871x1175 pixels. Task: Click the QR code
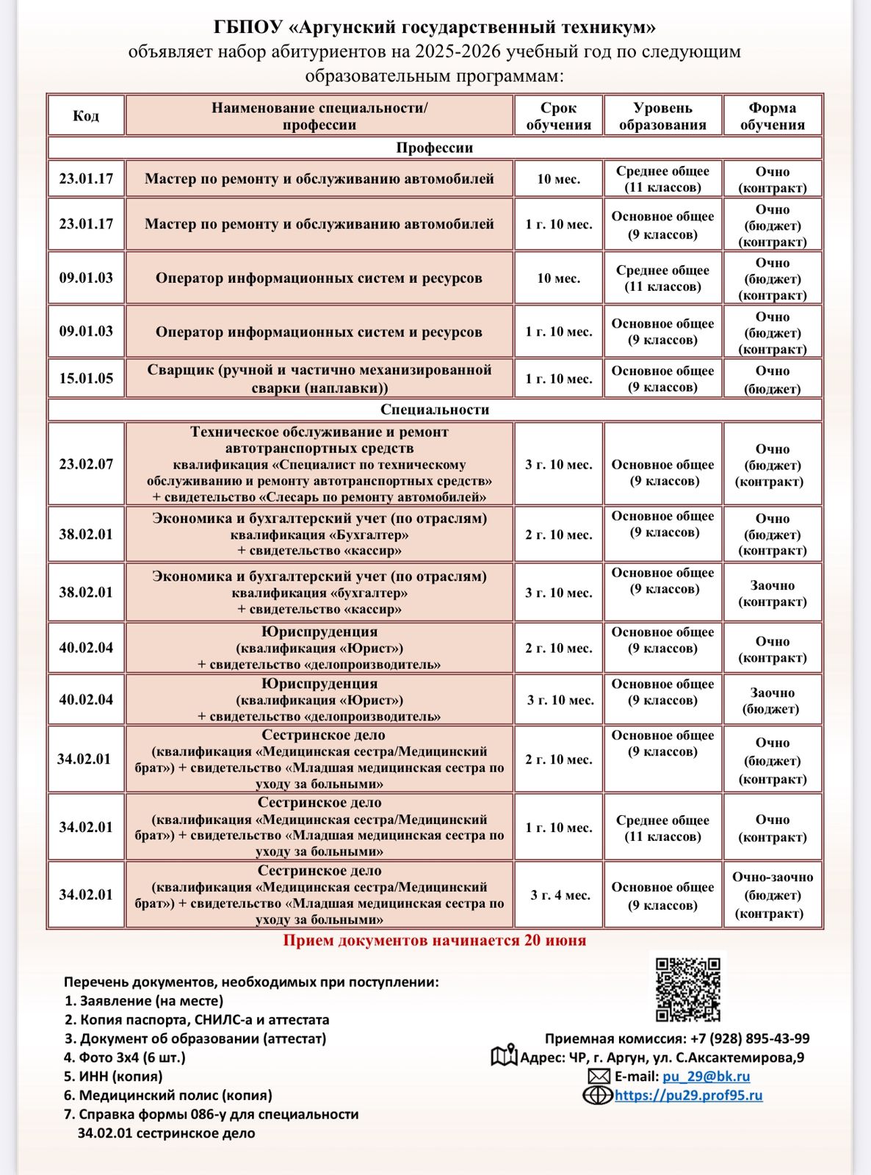tap(687, 988)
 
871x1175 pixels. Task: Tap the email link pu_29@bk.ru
tap(706, 1077)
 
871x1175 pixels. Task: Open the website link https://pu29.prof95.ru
tap(688, 1096)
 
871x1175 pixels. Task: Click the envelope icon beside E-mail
tap(599, 1077)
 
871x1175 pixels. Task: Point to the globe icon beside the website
tap(597, 1096)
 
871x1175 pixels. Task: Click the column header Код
tap(86, 116)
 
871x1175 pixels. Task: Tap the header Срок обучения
tap(558, 116)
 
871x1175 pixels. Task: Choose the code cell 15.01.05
tap(86, 379)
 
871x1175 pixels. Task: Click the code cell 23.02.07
tap(86, 464)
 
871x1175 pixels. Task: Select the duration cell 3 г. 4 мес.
tap(560, 895)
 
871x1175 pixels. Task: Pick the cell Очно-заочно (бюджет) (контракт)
tap(772, 895)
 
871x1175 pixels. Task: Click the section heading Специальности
tap(435, 410)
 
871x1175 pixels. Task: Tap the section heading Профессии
tap(435, 148)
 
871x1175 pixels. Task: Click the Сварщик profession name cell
tap(319, 379)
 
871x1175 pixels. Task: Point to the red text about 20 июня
tap(435, 941)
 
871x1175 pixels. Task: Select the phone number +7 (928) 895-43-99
tap(750, 1038)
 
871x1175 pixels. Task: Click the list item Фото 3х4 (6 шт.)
tap(125, 1057)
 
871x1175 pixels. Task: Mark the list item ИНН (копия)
tap(114, 1077)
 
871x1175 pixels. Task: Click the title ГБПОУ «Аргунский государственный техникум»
tap(435, 27)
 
